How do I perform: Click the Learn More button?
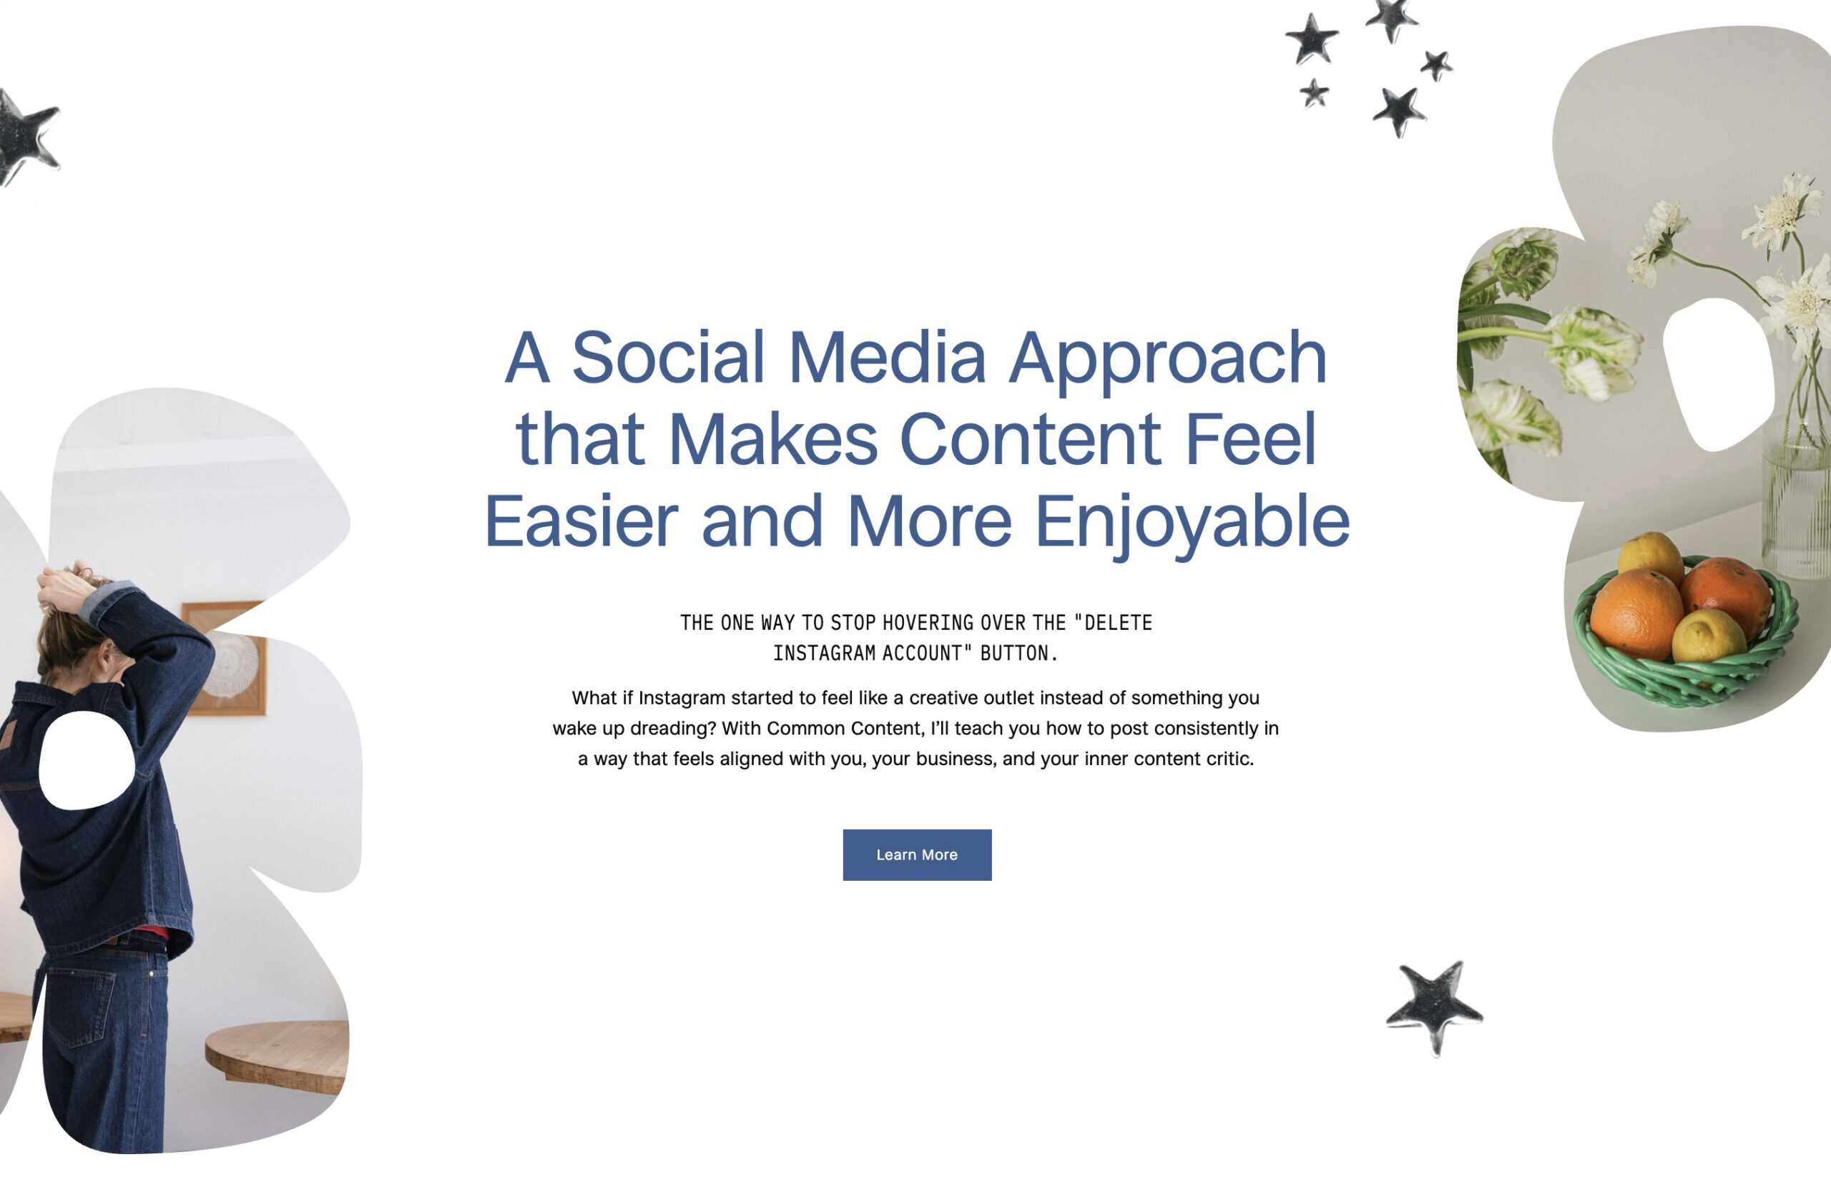click(x=917, y=854)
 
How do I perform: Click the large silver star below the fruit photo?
click(x=1434, y=1008)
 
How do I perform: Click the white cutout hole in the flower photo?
click(x=1718, y=375)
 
